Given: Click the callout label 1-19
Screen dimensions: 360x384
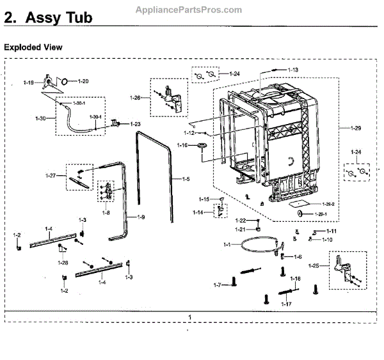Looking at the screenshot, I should click(28, 82).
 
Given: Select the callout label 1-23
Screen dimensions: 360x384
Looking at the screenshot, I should click(135, 123).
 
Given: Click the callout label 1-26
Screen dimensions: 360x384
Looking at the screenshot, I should click(134, 97).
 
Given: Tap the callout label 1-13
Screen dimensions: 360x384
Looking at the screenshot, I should click(292, 69).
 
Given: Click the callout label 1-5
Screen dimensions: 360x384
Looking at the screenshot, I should click(186, 178).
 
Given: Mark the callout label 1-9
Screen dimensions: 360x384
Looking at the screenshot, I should click(140, 217).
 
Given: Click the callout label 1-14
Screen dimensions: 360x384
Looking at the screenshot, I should click(199, 212).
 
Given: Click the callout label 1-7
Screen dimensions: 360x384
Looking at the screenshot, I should click(217, 285).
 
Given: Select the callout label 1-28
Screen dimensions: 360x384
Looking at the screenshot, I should click(63, 263).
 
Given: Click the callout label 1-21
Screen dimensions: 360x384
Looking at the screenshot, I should click(239, 229).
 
